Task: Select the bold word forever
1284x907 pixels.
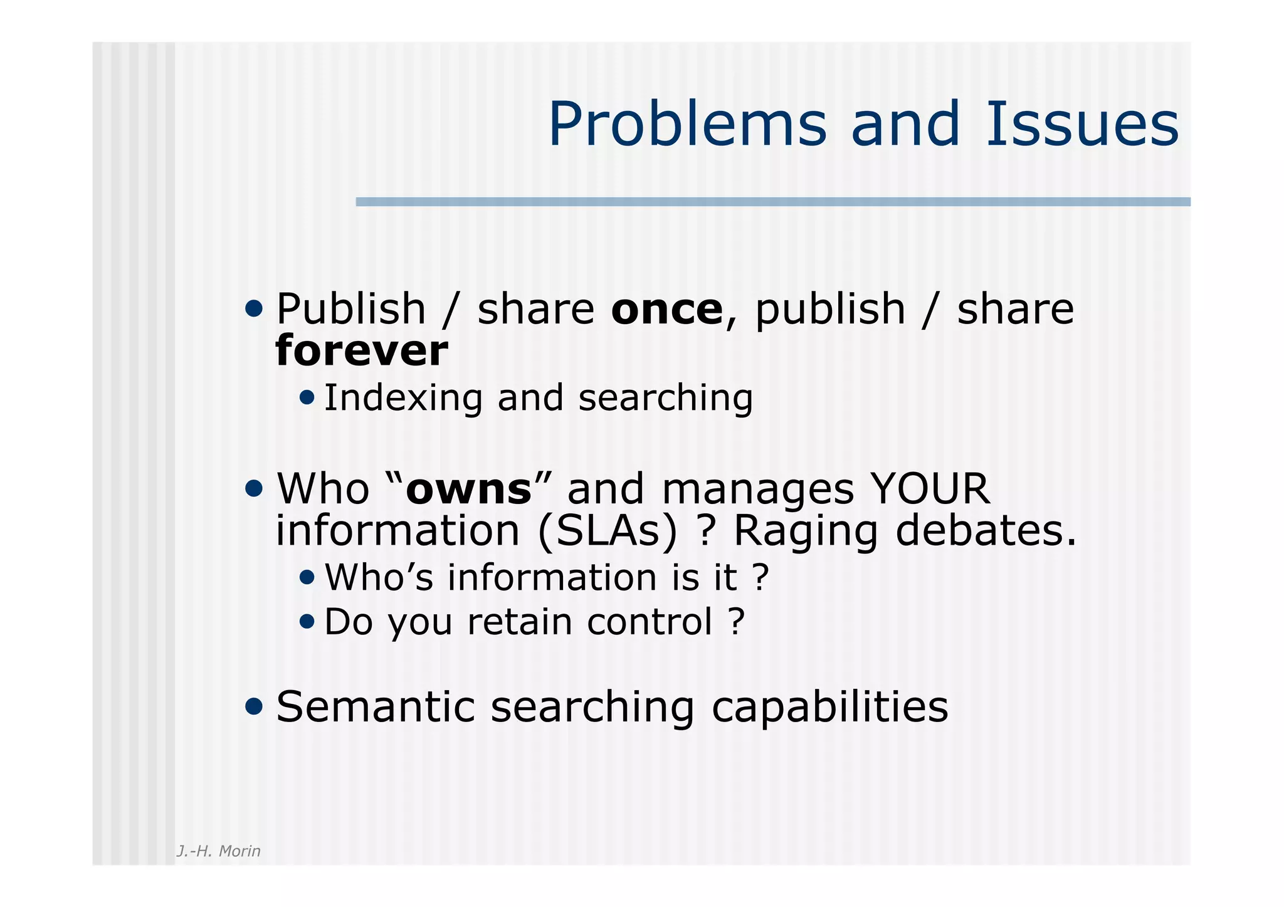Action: [x=362, y=350]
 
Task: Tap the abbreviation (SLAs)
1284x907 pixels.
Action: [x=608, y=531]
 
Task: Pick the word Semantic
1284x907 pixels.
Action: [x=375, y=707]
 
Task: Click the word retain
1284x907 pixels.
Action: [x=519, y=622]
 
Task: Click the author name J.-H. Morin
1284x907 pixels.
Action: [x=218, y=851]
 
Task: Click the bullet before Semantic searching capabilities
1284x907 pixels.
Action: [x=254, y=706]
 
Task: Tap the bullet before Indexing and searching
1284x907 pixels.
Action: [x=307, y=397]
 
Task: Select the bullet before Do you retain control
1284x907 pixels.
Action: [x=307, y=621]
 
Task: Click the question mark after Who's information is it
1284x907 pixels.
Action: [x=760, y=577]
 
